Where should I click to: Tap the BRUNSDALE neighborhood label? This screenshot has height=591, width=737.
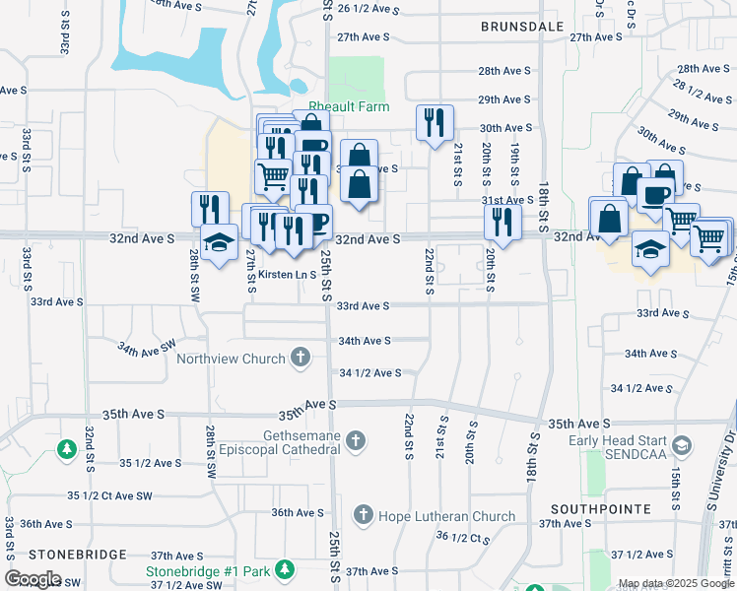point(522,27)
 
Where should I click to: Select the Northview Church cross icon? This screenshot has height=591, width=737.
point(301,359)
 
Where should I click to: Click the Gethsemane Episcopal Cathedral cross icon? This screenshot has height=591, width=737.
point(356,442)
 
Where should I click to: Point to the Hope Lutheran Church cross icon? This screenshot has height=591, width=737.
point(364,515)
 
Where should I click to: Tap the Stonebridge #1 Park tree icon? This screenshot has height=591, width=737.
point(285,570)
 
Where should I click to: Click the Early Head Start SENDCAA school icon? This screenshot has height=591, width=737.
point(680,448)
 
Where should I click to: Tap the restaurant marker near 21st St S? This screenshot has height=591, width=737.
point(435,122)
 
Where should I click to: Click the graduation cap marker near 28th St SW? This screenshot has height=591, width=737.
point(218,240)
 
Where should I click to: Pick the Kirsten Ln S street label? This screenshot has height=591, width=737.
point(281,275)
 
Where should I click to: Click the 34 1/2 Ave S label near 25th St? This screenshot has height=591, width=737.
point(369,373)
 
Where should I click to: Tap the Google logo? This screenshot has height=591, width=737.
point(33,579)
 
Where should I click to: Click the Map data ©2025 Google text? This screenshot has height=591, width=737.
point(675,584)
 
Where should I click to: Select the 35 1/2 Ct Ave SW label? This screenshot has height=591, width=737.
point(110,494)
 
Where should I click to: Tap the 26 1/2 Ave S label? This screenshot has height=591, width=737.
point(368,9)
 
